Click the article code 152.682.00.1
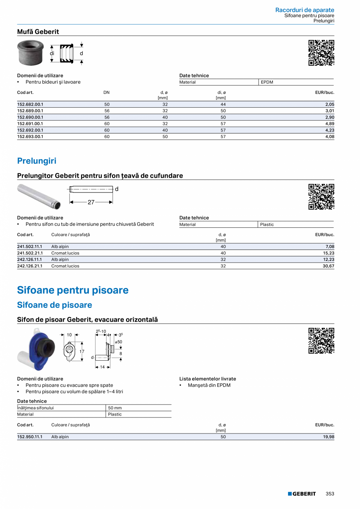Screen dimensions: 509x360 click(30, 104)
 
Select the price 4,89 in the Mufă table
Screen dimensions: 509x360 click(329, 124)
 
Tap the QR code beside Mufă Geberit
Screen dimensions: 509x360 click(321, 52)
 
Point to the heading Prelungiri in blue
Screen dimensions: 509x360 click(37, 161)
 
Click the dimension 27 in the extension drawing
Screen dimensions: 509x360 click(91, 202)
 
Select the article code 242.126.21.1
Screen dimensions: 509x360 click(30, 266)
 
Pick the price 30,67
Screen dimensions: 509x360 click(328, 266)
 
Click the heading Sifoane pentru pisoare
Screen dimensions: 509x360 click(73, 290)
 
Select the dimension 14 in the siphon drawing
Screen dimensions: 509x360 click(103, 367)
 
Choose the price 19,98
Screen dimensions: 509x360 click(328, 437)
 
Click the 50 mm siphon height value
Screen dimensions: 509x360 click(115, 408)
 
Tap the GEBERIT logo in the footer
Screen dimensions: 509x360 click(302, 494)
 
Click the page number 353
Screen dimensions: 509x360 click(330, 494)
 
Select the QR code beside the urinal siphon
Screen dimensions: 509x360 click(321, 340)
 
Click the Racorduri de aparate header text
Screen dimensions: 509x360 click(304, 10)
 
